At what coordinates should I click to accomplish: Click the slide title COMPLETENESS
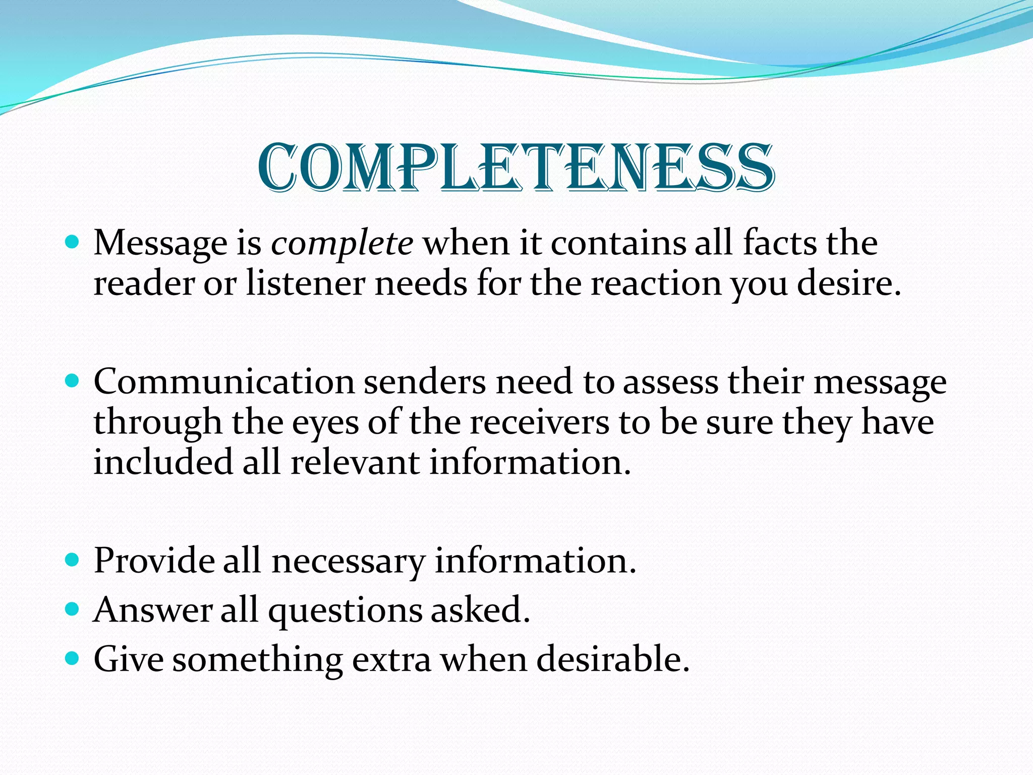pos(516,168)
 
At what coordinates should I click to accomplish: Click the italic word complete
pos(342,243)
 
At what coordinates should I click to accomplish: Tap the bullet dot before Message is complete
pos(73,242)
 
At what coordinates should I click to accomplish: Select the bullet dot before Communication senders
pos(73,381)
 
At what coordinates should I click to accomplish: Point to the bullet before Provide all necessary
pos(73,560)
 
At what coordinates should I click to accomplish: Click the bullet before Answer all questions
pos(73,609)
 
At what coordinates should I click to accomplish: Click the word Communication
pos(224,381)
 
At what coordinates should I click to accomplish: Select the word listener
pos(306,284)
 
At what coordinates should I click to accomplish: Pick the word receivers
pos(539,422)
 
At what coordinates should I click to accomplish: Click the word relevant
pos(355,462)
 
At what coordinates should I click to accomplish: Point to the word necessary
pos(348,561)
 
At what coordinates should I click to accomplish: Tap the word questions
pos(345,611)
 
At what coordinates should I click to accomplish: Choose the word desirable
pos(612,659)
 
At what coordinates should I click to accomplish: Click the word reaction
pos(656,284)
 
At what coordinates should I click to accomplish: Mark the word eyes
pos(325,423)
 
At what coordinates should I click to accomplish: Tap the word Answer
pos(153,610)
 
